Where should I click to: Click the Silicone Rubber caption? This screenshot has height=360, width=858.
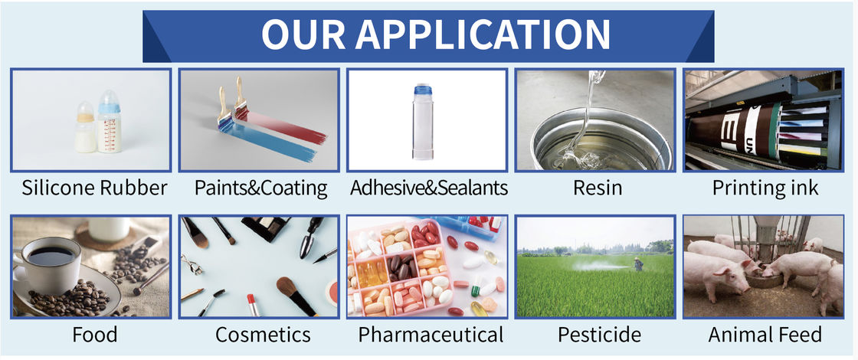[x=94, y=188]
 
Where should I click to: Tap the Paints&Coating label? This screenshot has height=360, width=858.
[x=261, y=188]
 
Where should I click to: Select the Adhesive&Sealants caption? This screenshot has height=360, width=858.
[x=429, y=188]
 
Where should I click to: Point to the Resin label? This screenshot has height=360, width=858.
[x=598, y=188]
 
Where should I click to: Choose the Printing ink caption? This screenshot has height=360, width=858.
[x=765, y=188]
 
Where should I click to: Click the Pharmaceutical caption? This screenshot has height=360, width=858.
[x=431, y=334]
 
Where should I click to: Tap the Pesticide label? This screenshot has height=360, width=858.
[x=599, y=334]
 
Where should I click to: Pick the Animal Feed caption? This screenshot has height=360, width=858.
[x=765, y=334]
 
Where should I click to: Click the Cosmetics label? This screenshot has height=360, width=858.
[x=263, y=334]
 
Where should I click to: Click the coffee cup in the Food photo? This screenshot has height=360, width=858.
[x=47, y=265]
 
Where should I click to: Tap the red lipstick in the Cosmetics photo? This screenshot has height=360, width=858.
[x=253, y=304]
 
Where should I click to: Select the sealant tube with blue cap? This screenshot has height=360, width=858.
[x=425, y=122]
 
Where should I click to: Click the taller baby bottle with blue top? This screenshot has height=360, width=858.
[x=110, y=122]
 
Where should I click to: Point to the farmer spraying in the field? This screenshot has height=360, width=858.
[x=638, y=264]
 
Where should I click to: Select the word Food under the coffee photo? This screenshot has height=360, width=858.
[x=95, y=334]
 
